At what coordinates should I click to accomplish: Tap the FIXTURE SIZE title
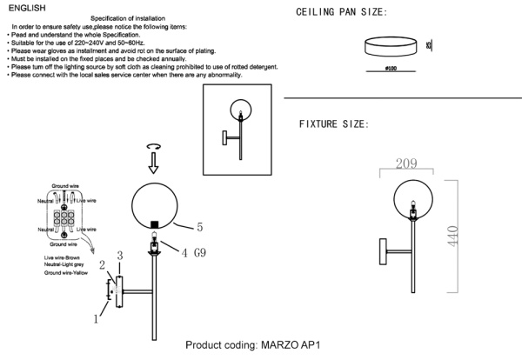tap(333, 124)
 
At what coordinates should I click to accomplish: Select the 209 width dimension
tap(407, 163)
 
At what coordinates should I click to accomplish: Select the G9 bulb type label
tap(199, 253)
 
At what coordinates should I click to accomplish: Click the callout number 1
tap(97, 319)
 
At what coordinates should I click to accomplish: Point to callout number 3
tap(120, 255)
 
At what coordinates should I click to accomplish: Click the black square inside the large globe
tap(155, 225)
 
